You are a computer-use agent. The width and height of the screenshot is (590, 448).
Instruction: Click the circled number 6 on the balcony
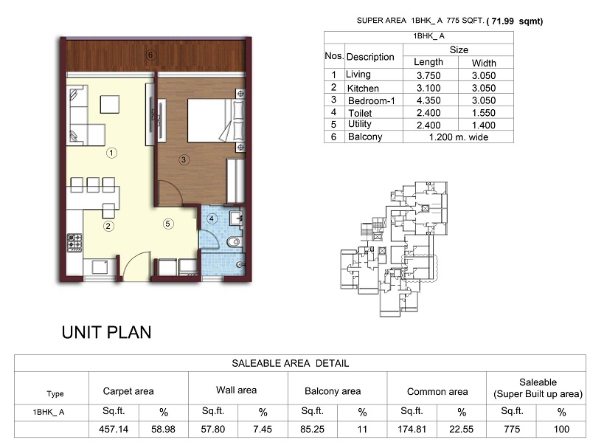[x=150, y=55]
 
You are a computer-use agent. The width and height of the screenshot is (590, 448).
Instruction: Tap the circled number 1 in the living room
[x=111, y=153]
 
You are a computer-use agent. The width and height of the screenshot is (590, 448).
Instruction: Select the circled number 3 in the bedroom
[x=184, y=159]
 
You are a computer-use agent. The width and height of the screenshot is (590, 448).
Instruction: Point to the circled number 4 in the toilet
[x=212, y=218]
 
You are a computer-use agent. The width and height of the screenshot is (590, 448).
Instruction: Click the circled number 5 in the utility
[x=168, y=224]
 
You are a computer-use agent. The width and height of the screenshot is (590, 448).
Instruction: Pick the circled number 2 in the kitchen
[x=108, y=226]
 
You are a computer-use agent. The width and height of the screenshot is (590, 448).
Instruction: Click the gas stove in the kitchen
[x=74, y=243]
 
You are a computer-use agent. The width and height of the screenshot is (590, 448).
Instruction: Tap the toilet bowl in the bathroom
[x=234, y=241]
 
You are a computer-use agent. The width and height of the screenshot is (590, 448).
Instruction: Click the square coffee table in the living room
[x=109, y=104]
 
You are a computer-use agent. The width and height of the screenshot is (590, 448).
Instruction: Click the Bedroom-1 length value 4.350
[x=428, y=100]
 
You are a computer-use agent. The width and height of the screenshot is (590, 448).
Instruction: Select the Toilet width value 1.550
[x=484, y=113]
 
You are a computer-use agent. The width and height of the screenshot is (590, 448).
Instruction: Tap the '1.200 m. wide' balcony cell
[x=458, y=137]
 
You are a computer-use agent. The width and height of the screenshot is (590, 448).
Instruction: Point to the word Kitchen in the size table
[x=363, y=89]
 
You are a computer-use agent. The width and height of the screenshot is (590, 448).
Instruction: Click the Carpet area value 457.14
[x=114, y=429]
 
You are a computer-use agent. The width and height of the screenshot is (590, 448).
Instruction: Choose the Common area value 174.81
[x=412, y=429]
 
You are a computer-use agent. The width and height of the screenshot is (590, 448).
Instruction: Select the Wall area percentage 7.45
[x=263, y=429]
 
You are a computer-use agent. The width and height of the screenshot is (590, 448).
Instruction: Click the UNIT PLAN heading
[x=106, y=332]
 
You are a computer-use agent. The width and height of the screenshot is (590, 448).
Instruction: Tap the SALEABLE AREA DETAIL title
[x=290, y=363]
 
